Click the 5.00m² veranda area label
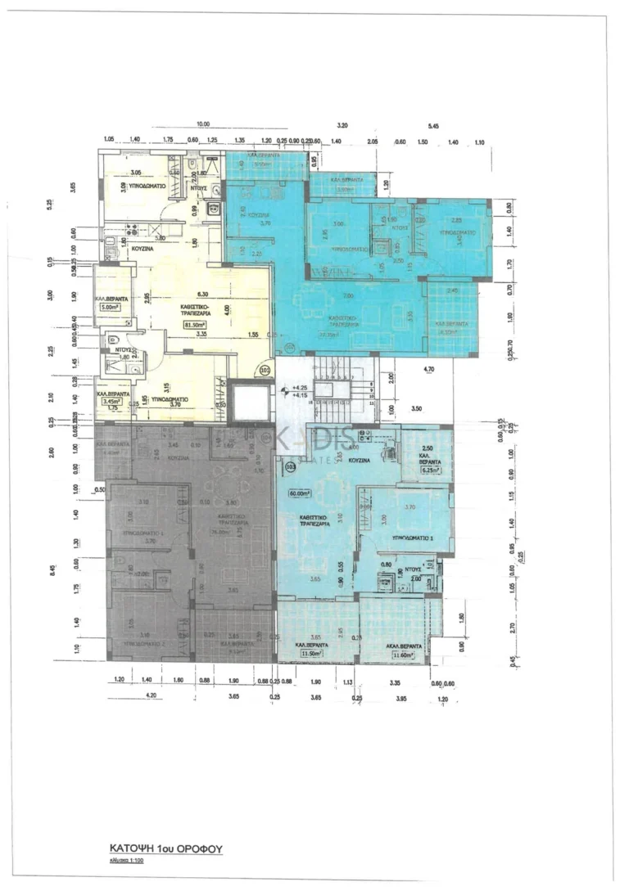111,308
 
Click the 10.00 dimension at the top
203,124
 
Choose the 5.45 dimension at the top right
434,125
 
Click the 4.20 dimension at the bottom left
151,696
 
